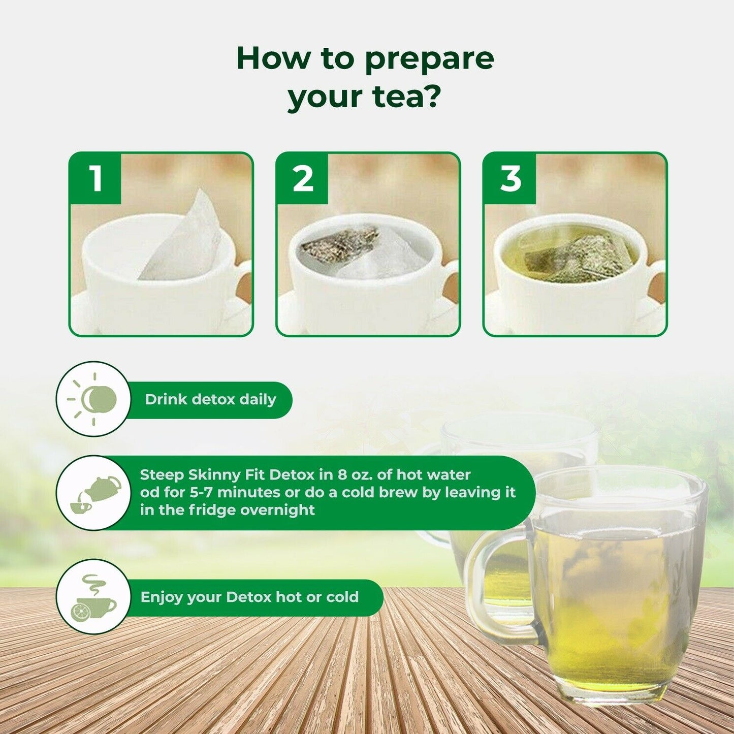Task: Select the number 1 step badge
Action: [95, 179]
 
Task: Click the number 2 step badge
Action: [303, 179]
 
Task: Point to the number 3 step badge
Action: [510, 179]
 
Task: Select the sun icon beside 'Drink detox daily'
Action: [93, 399]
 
